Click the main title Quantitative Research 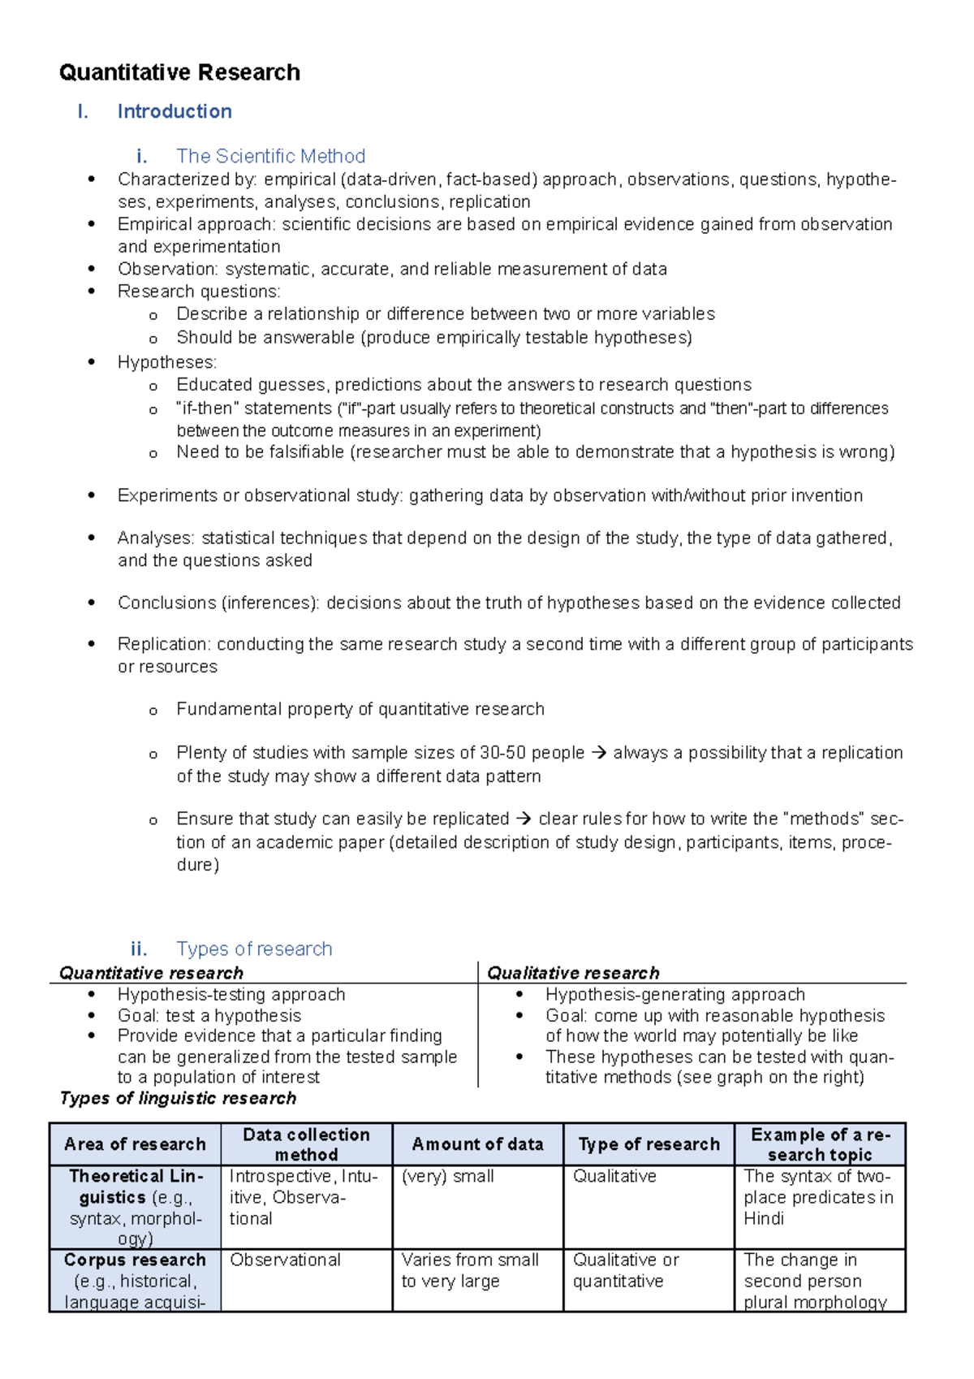(x=179, y=72)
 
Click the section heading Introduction (x=175, y=111)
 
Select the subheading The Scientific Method (x=270, y=156)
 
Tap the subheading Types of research (x=254, y=949)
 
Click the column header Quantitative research (x=151, y=973)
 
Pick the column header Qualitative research (x=573, y=973)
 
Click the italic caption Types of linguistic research (x=178, y=1098)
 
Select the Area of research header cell (x=135, y=1144)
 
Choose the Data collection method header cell (x=306, y=1144)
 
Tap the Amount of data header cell (x=477, y=1144)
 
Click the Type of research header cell (x=649, y=1144)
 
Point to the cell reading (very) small (x=447, y=1176)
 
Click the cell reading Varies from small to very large (x=469, y=1270)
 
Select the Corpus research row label (x=135, y=1260)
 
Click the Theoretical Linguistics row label (x=135, y=1187)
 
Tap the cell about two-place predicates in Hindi (x=818, y=1197)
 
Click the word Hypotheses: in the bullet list (x=167, y=362)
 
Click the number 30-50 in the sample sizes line (x=503, y=753)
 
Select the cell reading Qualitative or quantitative (x=625, y=1270)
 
